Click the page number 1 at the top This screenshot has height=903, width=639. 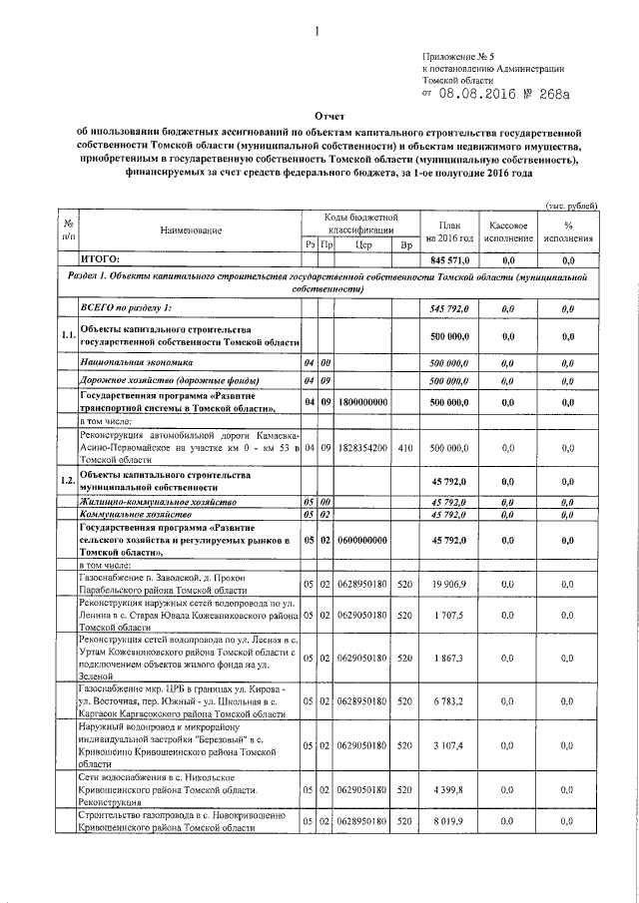tap(317, 31)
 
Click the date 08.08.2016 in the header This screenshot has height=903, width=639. tap(481, 95)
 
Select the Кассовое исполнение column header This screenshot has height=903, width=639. tap(508, 231)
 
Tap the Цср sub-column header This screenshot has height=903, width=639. tap(362, 244)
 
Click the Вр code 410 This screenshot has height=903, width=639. tap(405, 449)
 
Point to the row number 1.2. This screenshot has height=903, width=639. tap(68, 482)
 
